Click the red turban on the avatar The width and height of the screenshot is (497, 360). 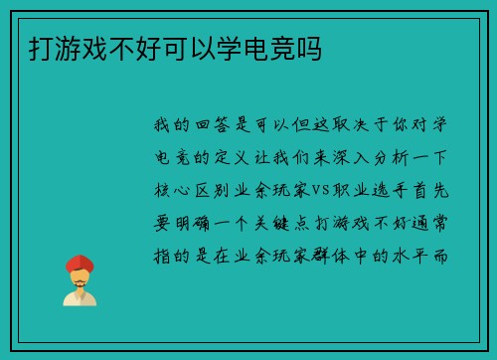pyautogui.click(x=80, y=264)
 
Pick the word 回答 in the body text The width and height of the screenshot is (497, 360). pyautogui.click(x=211, y=124)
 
